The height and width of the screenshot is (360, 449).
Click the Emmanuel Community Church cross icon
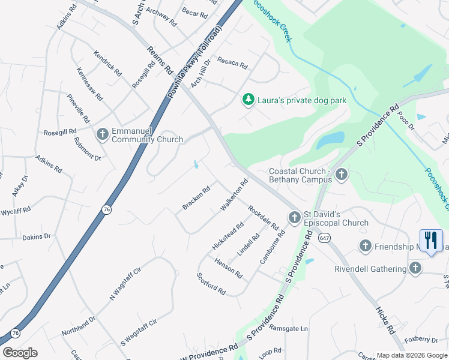(x=102, y=134)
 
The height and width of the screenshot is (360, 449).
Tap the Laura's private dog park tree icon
(x=247, y=100)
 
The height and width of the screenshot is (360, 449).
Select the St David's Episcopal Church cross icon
(x=294, y=217)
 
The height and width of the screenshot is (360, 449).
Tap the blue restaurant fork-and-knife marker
(x=430, y=241)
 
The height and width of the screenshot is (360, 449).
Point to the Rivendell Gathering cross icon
(x=414, y=268)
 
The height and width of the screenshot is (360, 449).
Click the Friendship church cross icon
(x=365, y=246)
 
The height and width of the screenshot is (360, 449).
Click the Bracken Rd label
(x=196, y=199)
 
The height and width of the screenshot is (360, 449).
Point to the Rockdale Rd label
(x=264, y=218)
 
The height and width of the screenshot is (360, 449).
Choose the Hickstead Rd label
(x=228, y=236)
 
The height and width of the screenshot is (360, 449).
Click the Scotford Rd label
(x=211, y=284)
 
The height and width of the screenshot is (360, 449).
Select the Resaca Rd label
(x=232, y=62)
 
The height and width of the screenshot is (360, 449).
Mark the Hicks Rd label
(x=385, y=320)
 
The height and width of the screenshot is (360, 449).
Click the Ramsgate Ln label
(x=288, y=329)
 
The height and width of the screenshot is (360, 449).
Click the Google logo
(x=20, y=353)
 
